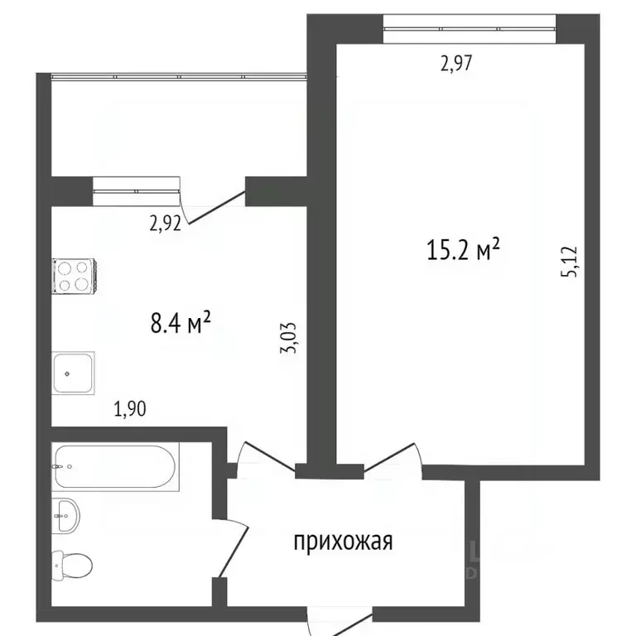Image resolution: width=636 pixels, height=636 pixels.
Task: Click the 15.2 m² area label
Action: pos(464,249)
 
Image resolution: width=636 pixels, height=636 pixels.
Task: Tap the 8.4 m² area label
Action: pos(181,321)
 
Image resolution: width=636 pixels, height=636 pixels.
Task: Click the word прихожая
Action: pos(342,542)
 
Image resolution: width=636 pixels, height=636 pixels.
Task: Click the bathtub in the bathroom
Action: pos(113,468)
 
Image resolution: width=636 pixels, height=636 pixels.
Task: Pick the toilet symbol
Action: pos(71,566)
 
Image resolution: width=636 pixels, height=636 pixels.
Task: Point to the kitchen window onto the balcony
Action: pos(137,190)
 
